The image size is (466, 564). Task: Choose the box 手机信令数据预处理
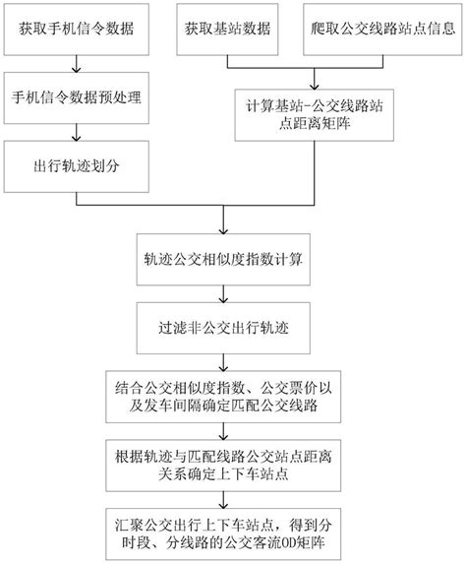[78, 96]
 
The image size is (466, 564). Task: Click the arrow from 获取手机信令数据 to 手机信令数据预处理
[78, 63]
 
